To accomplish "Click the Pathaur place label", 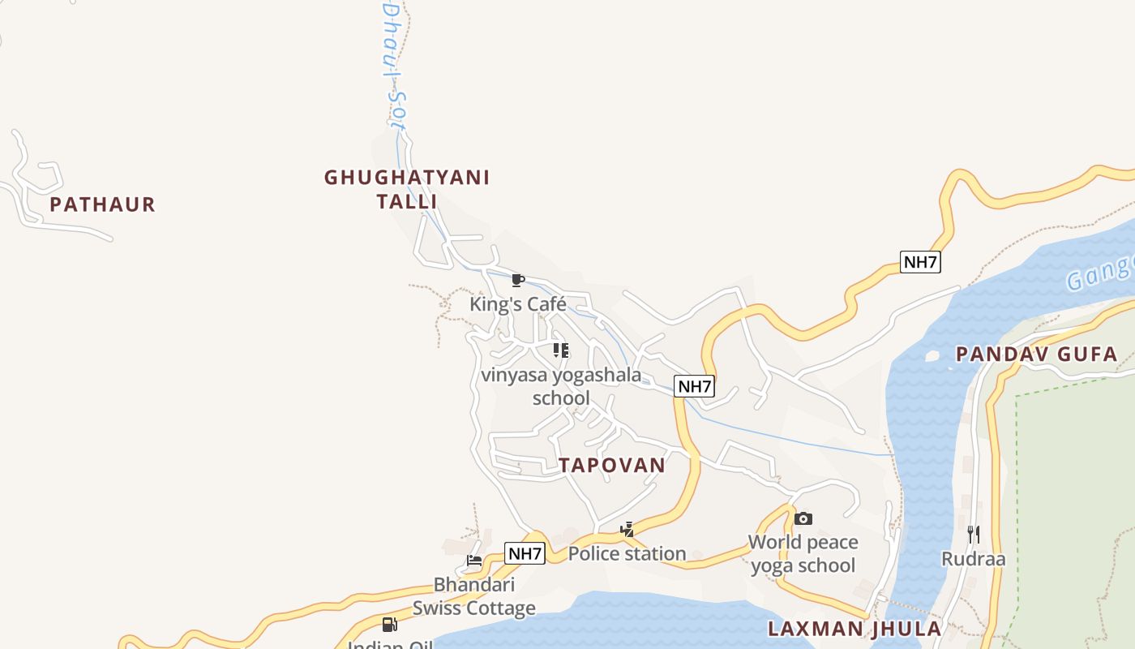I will (x=102, y=204).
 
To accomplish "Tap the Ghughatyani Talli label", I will (x=407, y=189).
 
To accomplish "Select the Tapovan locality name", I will (x=612, y=465).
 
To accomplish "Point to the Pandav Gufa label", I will (x=1036, y=354).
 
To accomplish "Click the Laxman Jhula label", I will (x=854, y=629).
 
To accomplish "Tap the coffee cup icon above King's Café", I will (x=518, y=281).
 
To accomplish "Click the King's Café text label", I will (x=518, y=305).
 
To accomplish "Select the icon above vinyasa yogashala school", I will (x=560, y=350).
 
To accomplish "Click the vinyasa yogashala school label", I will (x=561, y=386).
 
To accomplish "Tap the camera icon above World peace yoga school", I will (x=803, y=518).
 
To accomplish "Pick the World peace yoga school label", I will (x=803, y=553).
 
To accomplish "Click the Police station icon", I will (x=627, y=530).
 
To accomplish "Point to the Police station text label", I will (x=627, y=554).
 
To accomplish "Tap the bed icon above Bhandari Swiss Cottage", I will (x=474, y=561).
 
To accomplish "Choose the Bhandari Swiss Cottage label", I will (x=474, y=596).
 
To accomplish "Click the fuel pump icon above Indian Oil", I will (x=390, y=624).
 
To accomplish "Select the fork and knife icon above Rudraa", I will (x=974, y=534).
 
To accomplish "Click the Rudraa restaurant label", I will (x=974, y=559).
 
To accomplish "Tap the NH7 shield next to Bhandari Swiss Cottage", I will (x=525, y=554).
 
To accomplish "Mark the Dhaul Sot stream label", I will (x=393, y=65).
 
